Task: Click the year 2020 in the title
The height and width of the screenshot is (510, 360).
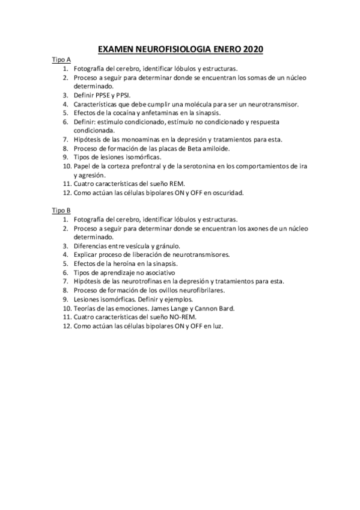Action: tap(252, 50)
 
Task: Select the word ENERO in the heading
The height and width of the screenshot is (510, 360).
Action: tap(224, 50)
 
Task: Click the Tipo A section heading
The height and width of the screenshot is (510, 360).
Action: tap(61, 60)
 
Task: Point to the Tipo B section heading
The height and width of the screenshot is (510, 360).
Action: tap(61, 210)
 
